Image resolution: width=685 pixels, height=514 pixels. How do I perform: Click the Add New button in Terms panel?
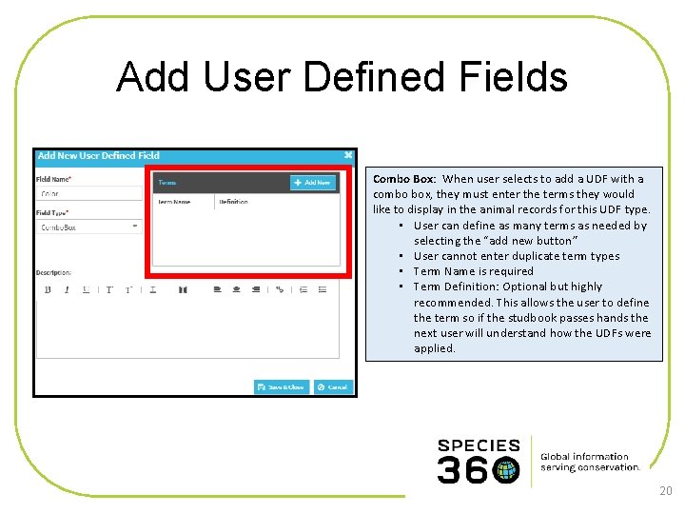coord(313,183)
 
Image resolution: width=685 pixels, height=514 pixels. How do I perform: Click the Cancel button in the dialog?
coord(333,386)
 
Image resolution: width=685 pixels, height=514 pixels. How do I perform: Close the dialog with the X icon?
coord(348,155)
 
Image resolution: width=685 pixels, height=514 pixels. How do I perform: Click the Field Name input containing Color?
coord(88,193)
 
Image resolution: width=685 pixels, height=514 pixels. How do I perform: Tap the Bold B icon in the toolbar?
coord(48,289)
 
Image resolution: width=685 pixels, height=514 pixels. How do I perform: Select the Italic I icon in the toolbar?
coord(67,289)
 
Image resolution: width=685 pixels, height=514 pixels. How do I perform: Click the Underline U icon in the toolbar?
coord(87,289)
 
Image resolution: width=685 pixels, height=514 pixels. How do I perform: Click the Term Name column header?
coord(174,202)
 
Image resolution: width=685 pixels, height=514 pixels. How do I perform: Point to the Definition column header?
coord(233,202)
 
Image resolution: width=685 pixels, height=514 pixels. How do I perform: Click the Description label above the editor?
coord(53,273)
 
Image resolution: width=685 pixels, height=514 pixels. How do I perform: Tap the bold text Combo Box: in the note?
coord(404,179)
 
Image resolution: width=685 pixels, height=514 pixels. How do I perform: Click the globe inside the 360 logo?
coord(506,469)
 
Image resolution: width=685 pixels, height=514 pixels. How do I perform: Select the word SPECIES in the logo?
coord(479,445)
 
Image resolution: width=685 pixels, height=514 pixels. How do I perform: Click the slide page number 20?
coord(665,491)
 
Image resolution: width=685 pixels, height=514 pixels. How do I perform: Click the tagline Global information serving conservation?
coord(590,462)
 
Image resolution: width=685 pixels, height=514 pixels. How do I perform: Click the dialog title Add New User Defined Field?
coord(99,155)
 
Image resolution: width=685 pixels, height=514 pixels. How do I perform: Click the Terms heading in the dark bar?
coord(167,183)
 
